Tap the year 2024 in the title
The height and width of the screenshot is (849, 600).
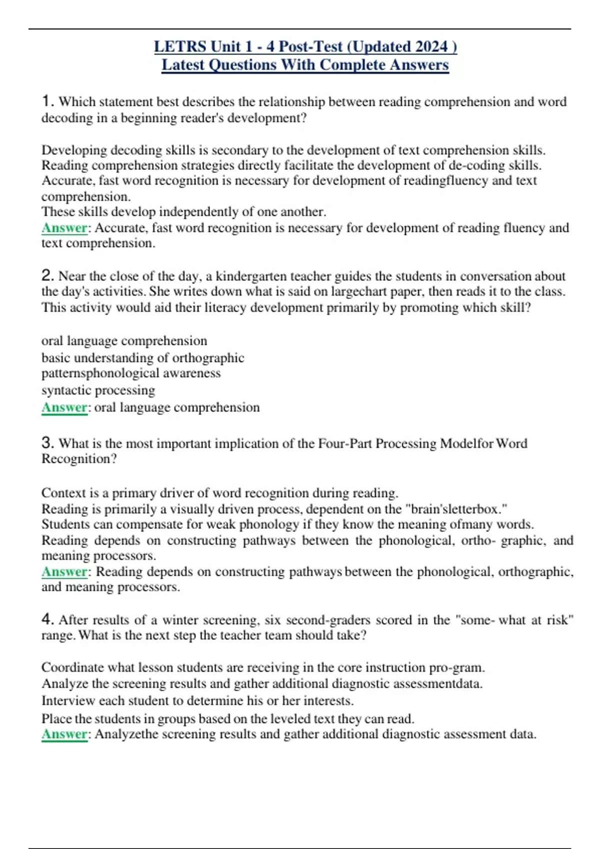(x=431, y=46)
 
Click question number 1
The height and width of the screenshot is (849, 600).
(x=47, y=101)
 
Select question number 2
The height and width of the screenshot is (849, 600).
(x=47, y=276)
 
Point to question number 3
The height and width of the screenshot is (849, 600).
(x=47, y=443)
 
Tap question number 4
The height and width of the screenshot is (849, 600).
(x=47, y=620)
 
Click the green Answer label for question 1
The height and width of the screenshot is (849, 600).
(x=64, y=228)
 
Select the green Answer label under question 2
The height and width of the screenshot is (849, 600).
(x=64, y=407)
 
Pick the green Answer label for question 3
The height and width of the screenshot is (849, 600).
(x=64, y=571)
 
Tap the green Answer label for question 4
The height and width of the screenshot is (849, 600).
(x=64, y=734)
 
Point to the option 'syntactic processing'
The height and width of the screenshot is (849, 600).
(x=98, y=390)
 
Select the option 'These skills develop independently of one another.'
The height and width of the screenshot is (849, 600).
(x=183, y=212)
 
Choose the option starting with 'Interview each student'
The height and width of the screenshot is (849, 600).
(x=197, y=701)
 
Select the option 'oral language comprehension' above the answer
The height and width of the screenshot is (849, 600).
(x=124, y=341)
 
